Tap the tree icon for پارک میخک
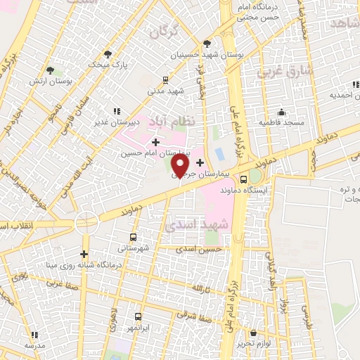coord(107,53)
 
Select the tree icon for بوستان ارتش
coord(50,70)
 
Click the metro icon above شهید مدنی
coord(165,80)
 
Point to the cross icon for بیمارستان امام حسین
coord(155,143)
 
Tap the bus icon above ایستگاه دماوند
coord(243,179)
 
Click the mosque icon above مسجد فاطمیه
coord(281,112)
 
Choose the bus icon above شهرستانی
coord(134,237)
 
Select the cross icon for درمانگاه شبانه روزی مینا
coord(84,254)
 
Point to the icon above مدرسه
coord(34,335)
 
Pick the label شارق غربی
coord(278,71)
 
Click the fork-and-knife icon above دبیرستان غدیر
coord(116,110)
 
